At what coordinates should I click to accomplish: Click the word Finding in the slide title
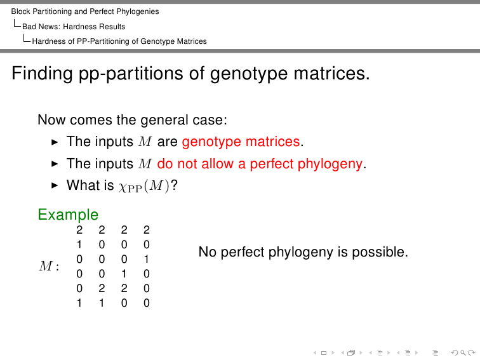pyautogui.click(x=42, y=74)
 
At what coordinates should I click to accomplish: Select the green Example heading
pyautogui.click(x=68, y=215)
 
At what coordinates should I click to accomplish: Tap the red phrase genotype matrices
pyautogui.click(x=241, y=142)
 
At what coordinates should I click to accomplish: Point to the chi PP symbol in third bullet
pyautogui.click(x=130, y=187)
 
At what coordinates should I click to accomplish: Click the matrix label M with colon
pyautogui.click(x=49, y=265)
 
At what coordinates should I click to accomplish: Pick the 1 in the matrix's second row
pyautogui.click(x=79, y=244)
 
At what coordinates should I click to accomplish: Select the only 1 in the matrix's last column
pyautogui.click(x=146, y=259)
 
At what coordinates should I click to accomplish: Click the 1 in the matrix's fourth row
pyautogui.click(x=124, y=274)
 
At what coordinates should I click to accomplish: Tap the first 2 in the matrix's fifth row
pyautogui.click(x=102, y=288)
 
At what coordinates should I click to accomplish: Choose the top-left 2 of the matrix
pyautogui.click(x=79, y=230)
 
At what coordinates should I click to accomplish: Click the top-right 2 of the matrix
pyautogui.click(x=146, y=230)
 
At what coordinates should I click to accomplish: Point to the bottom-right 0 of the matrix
pyautogui.click(x=146, y=303)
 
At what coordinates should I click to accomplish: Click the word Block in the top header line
pyautogui.click(x=20, y=11)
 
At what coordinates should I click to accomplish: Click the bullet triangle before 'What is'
pyautogui.click(x=55, y=185)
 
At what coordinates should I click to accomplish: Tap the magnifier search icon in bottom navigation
pyautogui.click(x=463, y=352)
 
